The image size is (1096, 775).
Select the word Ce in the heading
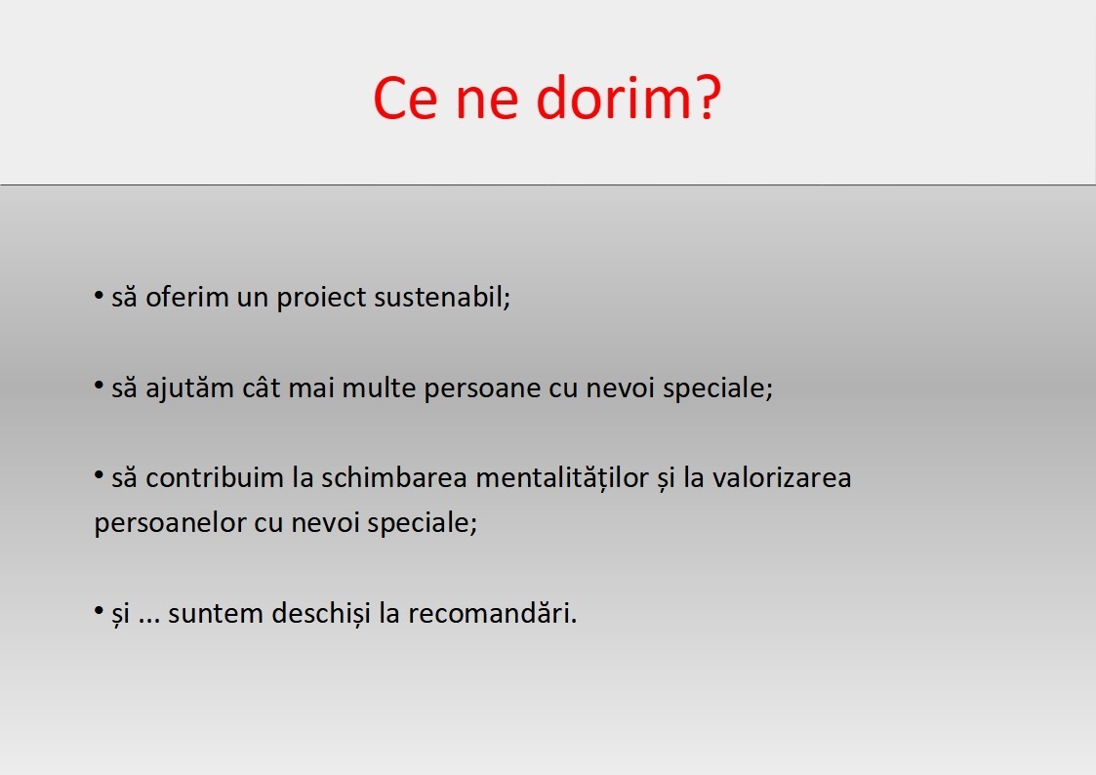[405, 98]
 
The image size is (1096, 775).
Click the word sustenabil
[442, 297]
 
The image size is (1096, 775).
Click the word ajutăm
[189, 387]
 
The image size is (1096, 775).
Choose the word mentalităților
[562, 478]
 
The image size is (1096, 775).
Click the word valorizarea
[782, 478]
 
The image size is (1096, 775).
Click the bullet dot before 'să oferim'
[99, 296]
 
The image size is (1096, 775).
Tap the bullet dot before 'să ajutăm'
[99, 386]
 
